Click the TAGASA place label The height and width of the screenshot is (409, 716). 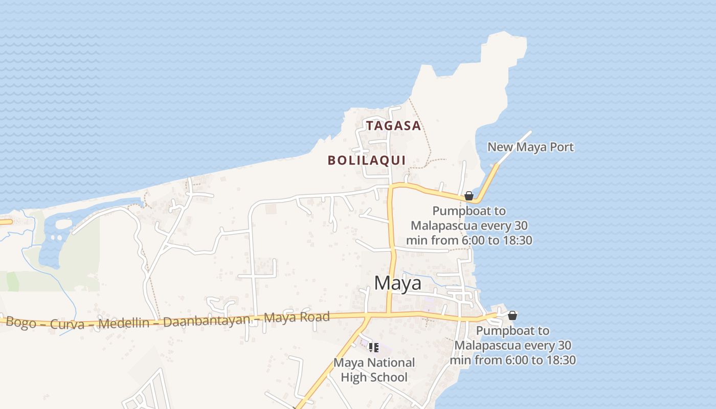[x=393, y=126]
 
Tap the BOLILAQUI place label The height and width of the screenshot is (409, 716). [x=367, y=161]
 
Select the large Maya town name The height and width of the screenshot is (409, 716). [x=397, y=283]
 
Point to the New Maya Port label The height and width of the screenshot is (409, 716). [x=530, y=147]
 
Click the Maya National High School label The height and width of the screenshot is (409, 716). [x=374, y=370]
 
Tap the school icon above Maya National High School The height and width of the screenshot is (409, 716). [x=374, y=348]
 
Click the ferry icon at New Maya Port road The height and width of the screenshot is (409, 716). [x=468, y=196]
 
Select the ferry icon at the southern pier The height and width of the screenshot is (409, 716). [x=512, y=315]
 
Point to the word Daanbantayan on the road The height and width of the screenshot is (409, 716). [x=208, y=321]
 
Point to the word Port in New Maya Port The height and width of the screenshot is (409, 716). [x=562, y=147]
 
